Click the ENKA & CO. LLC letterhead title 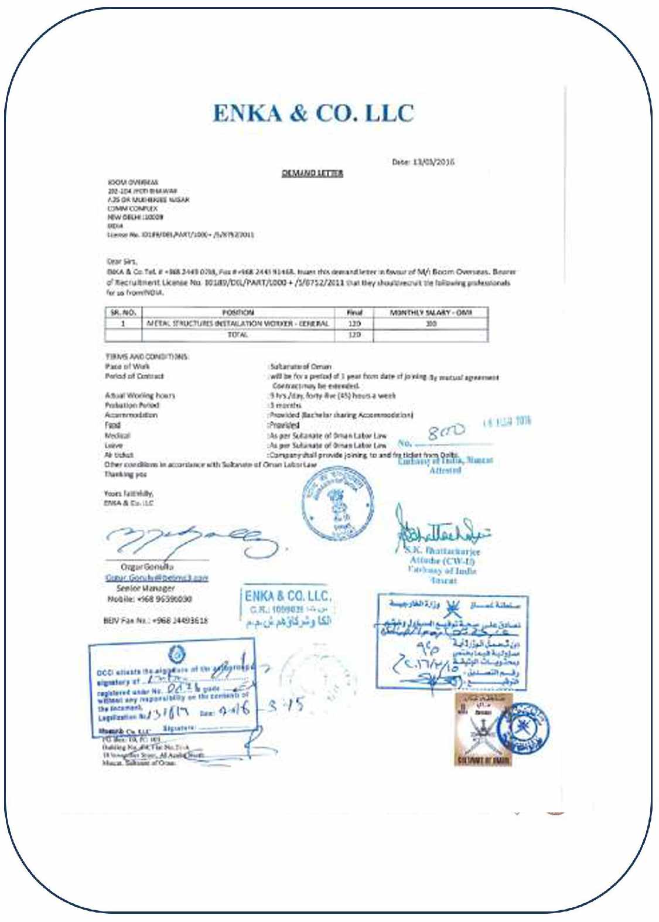313,114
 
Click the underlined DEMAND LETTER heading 312,173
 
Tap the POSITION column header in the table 238,312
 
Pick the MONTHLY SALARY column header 431,312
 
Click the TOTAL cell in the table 238,335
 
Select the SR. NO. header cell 124,312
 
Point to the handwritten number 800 446,433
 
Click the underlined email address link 156,577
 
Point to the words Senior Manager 145,588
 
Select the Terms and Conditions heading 147,356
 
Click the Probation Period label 132,405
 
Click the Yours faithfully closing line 129,494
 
